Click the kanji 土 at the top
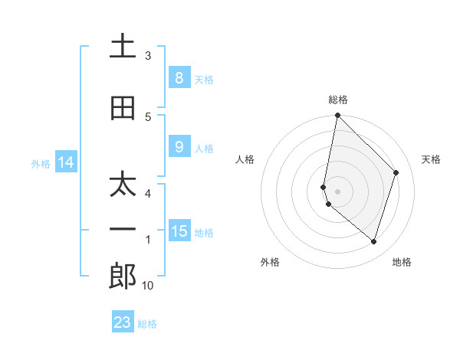123,47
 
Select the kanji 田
123,109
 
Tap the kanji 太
123,186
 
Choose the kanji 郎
123,277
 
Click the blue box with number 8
179,77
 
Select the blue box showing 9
179,147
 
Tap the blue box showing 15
179,231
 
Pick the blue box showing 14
65,162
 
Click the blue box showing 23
123,322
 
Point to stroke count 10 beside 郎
149,286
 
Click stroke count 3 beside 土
148,56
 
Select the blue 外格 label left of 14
41,163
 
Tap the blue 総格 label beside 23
148,323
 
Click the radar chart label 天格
432,159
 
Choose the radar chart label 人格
245,159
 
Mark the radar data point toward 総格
337,116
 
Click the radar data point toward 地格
373,241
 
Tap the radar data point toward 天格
396,172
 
